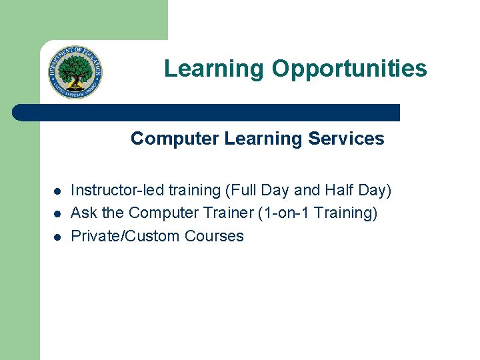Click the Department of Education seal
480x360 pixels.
coord(75,72)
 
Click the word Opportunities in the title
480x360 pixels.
coord(349,69)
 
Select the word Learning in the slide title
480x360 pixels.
coord(214,69)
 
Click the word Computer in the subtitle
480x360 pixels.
coord(175,139)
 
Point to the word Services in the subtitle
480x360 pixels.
coord(346,138)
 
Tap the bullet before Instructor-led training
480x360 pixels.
coord(57,191)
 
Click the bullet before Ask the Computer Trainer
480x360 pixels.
coord(57,214)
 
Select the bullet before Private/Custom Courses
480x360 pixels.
coord(57,237)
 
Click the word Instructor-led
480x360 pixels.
coord(117,190)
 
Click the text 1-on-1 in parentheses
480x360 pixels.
coord(286,213)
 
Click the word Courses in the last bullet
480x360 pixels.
coord(214,236)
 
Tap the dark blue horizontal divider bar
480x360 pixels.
coord(206,113)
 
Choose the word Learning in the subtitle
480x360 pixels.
coord(263,139)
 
